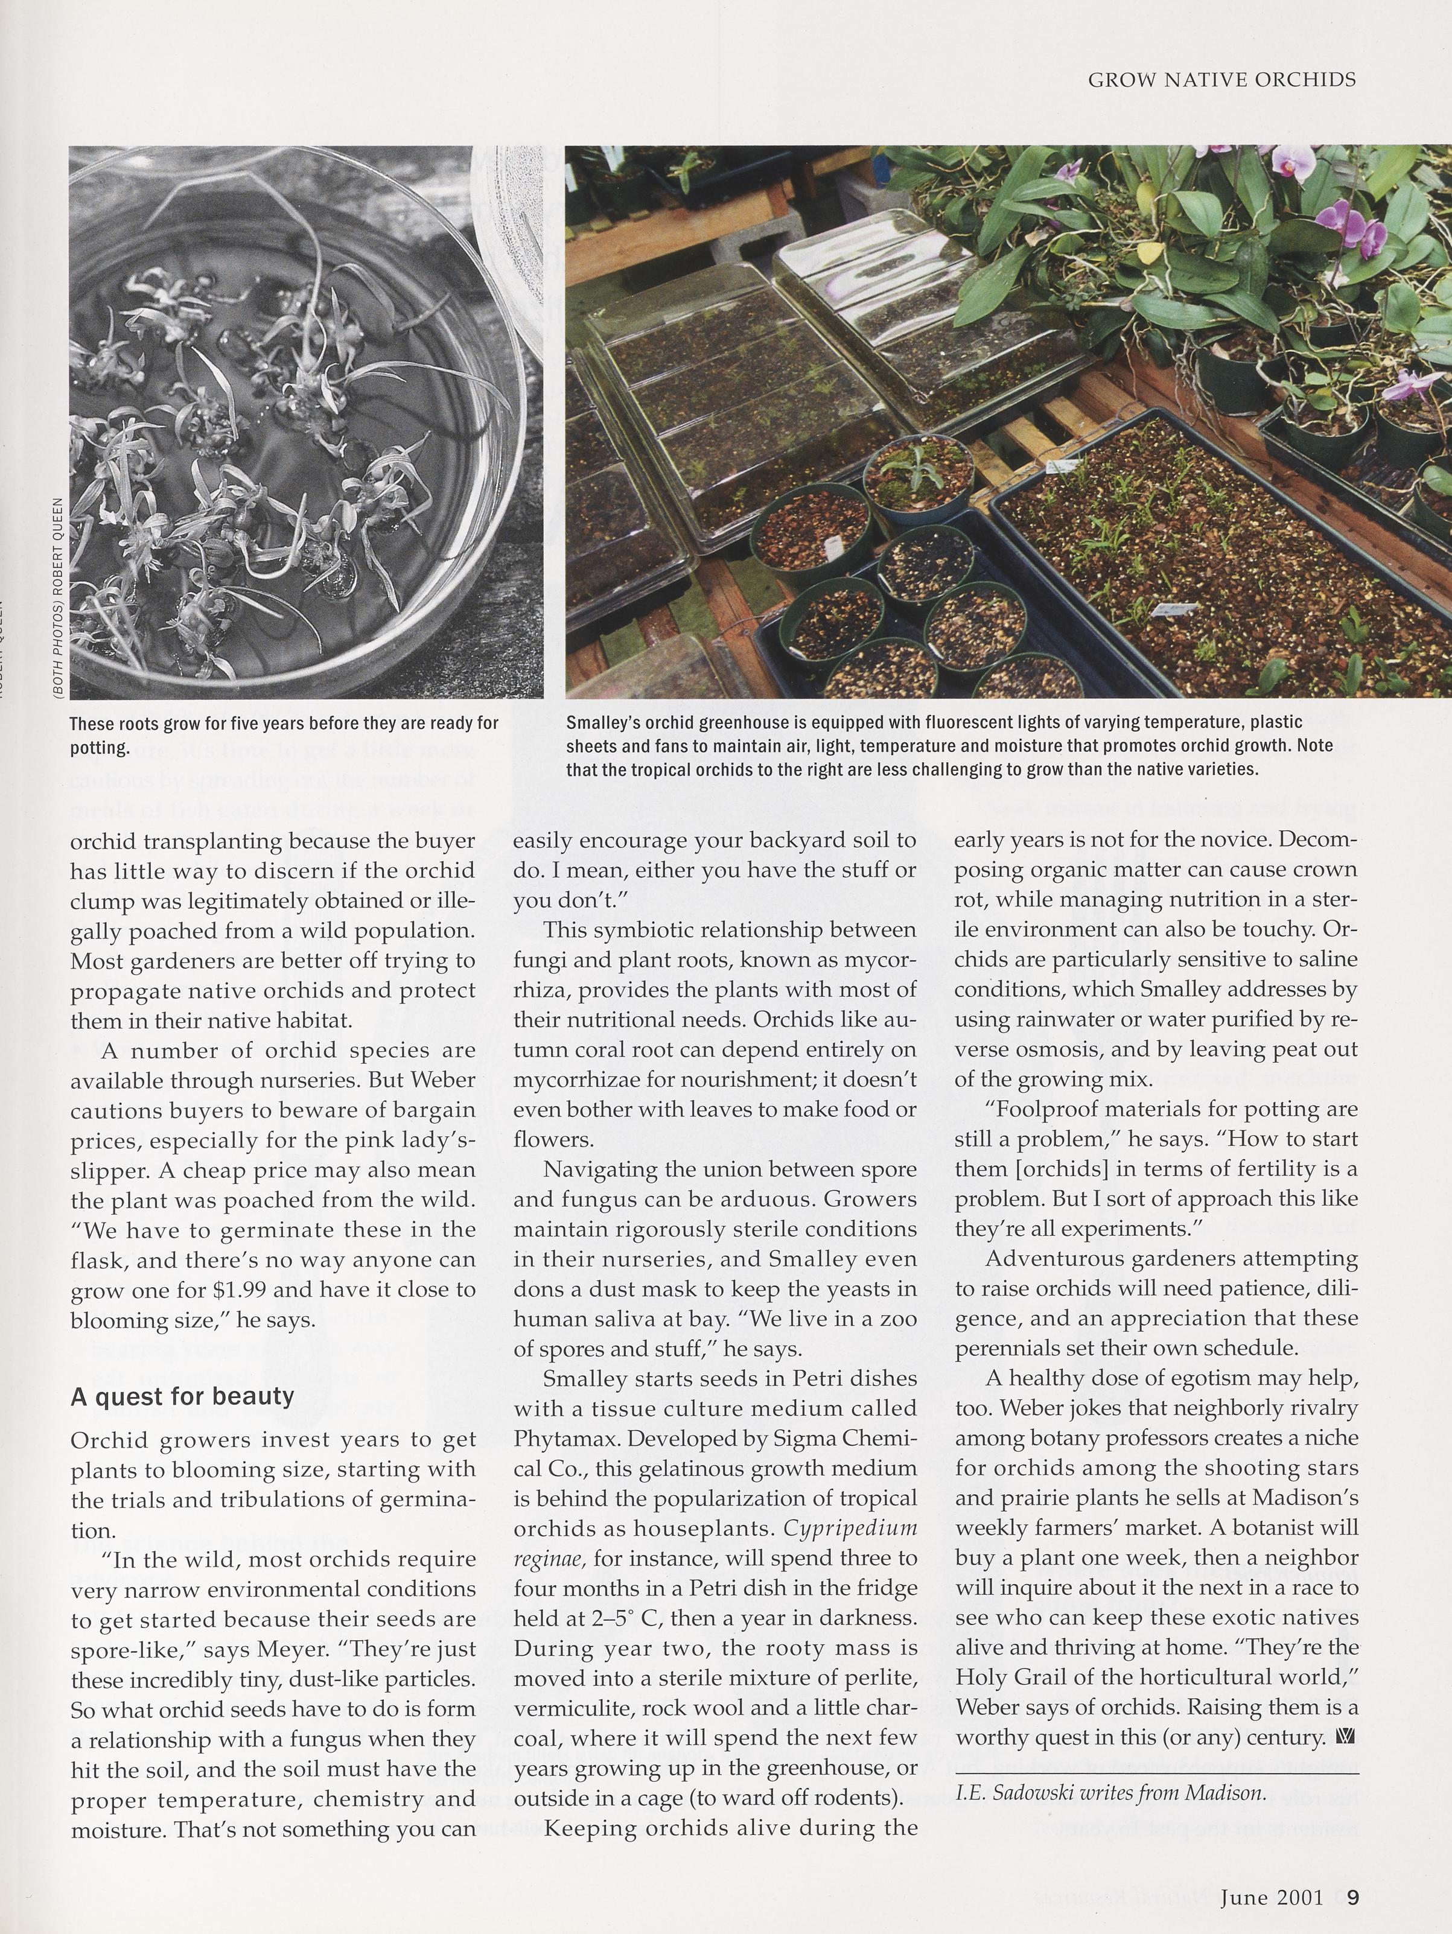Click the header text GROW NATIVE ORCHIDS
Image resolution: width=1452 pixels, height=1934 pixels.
[1221, 80]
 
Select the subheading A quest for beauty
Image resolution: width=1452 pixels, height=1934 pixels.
[182, 1396]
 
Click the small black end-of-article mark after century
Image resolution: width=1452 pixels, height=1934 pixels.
[1347, 1737]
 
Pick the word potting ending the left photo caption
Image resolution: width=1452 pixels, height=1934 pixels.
[100, 748]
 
